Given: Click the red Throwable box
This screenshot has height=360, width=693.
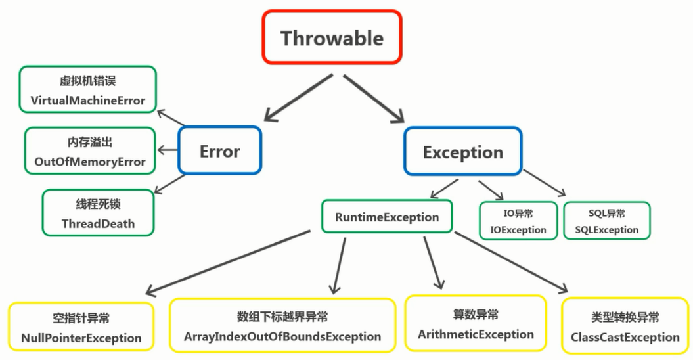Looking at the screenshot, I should click(x=332, y=37).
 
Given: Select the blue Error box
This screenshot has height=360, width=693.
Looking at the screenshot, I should click(x=219, y=151).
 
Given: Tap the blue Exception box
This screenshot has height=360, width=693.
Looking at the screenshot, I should click(x=462, y=152).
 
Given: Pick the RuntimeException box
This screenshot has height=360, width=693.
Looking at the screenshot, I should click(x=387, y=217).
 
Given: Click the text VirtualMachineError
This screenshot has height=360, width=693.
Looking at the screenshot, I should click(x=87, y=101).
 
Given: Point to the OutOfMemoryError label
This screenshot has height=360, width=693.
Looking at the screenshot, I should click(x=89, y=162).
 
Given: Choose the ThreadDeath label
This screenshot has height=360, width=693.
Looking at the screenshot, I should click(x=98, y=223).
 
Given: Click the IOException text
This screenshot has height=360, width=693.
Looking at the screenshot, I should click(x=518, y=230).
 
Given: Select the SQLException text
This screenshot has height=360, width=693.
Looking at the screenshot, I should click(x=606, y=230).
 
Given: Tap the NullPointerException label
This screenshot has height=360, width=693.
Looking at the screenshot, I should click(x=81, y=338).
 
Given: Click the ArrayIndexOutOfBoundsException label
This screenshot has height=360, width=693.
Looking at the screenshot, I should click(x=282, y=336).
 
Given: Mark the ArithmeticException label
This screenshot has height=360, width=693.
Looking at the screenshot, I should click(x=476, y=334).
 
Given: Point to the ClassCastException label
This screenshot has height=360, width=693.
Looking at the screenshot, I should click(x=625, y=337).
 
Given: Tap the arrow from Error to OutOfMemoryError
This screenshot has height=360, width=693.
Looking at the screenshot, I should click(x=168, y=150).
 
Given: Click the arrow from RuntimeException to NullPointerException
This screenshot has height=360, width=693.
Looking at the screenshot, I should click(x=227, y=262).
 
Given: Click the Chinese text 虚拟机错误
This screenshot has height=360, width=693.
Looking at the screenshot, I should click(x=87, y=81).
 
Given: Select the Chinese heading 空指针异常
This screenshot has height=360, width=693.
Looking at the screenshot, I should click(x=81, y=319).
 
